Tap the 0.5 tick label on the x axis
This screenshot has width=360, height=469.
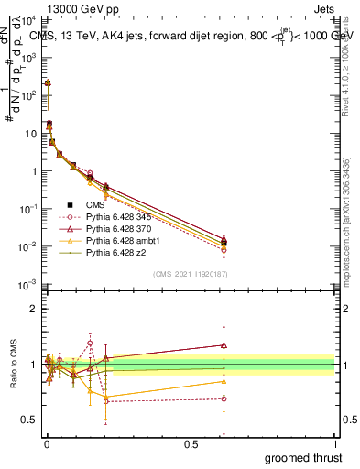pos(191,443)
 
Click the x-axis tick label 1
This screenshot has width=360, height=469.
pos(335,443)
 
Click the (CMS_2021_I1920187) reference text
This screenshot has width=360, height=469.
pos(190,274)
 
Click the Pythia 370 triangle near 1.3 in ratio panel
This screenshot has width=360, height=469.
pos(224,345)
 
